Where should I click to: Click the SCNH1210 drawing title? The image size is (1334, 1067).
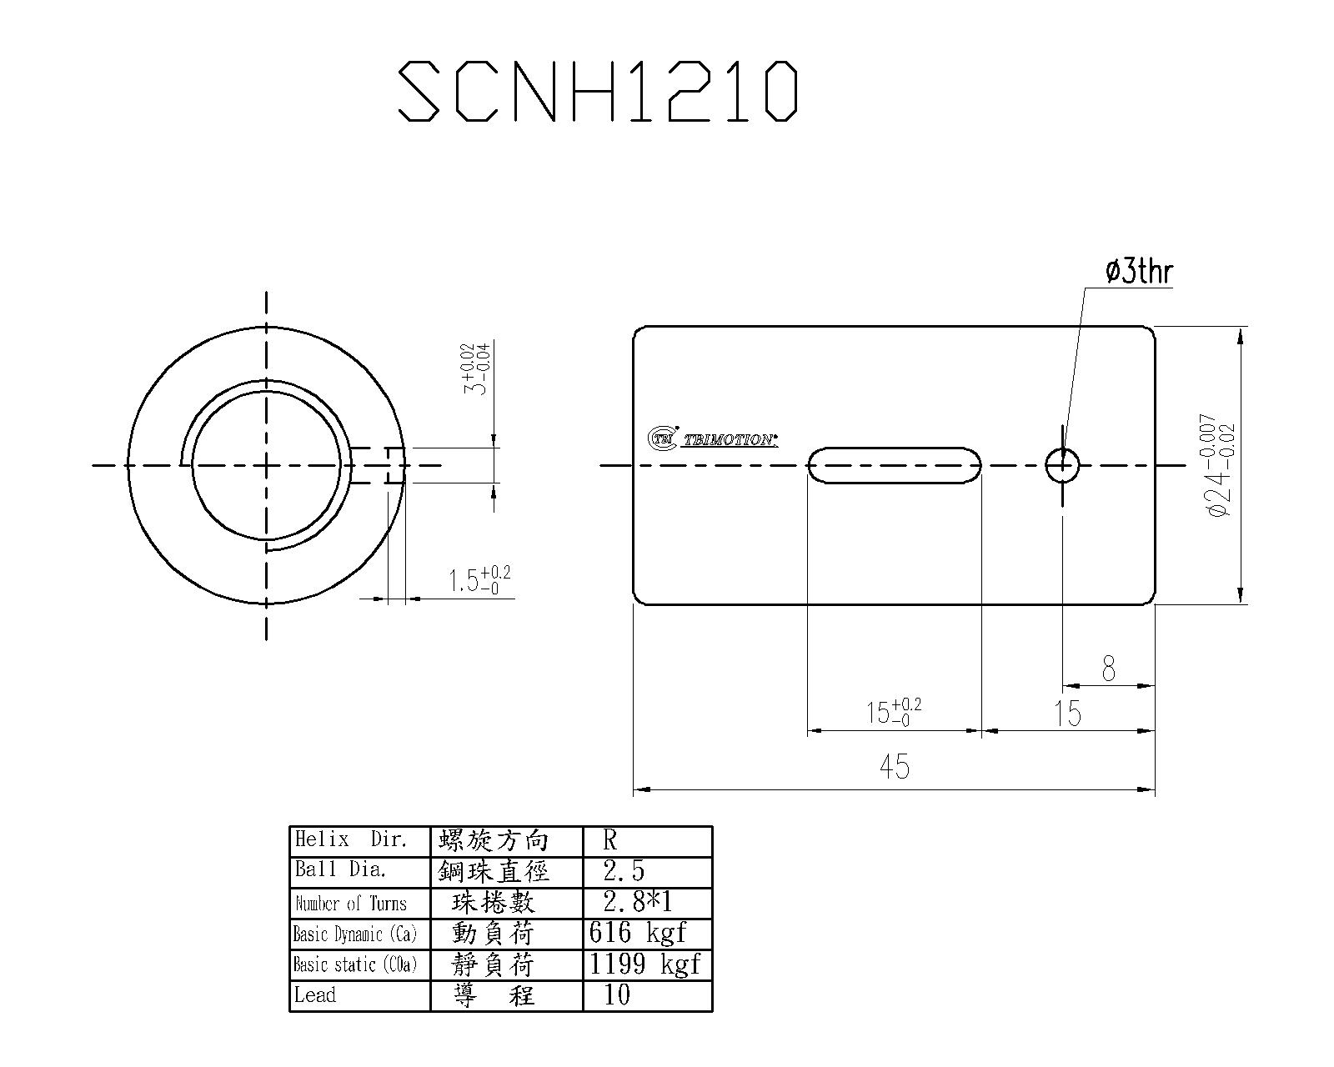(597, 90)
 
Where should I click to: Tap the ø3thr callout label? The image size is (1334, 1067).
(1139, 272)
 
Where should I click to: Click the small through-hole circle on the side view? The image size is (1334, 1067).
(1062, 464)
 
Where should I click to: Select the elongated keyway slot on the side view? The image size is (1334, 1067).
(894, 464)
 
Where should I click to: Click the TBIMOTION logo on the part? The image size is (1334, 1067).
(714, 438)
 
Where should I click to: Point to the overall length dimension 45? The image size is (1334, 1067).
(894, 766)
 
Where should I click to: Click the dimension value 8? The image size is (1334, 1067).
(1108, 669)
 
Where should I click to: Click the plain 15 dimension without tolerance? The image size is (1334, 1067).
(1067, 714)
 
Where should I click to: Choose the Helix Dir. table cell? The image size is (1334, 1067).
(359, 840)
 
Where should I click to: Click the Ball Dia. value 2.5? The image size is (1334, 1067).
(624, 871)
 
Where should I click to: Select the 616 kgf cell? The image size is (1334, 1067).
(638, 932)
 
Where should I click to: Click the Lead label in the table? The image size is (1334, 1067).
(316, 995)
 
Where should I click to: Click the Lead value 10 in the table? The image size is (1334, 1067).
(617, 994)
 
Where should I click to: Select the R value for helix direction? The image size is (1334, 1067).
(610, 840)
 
